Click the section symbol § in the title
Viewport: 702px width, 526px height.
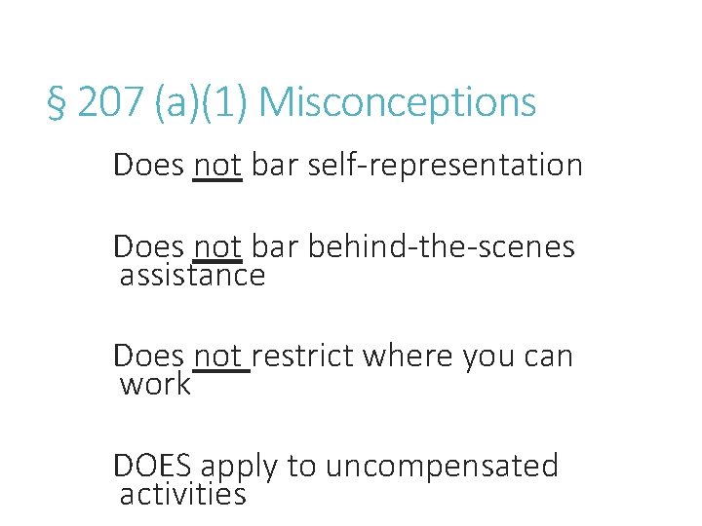pyautogui.click(x=57, y=102)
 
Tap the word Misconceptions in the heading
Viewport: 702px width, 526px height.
pyautogui.click(x=398, y=102)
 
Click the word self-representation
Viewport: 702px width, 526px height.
pyautogui.click(x=445, y=165)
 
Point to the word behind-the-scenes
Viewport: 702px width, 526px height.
pyautogui.click(x=441, y=246)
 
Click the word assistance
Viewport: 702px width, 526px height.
pyautogui.click(x=192, y=276)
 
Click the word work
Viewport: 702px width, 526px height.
pyautogui.click(x=155, y=384)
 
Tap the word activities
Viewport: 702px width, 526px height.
pyautogui.click(x=182, y=494)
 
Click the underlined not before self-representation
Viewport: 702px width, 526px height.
pyautogui.click(x=217, y=165)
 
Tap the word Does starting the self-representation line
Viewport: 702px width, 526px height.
pyautogui.click(x=148, y=165)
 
